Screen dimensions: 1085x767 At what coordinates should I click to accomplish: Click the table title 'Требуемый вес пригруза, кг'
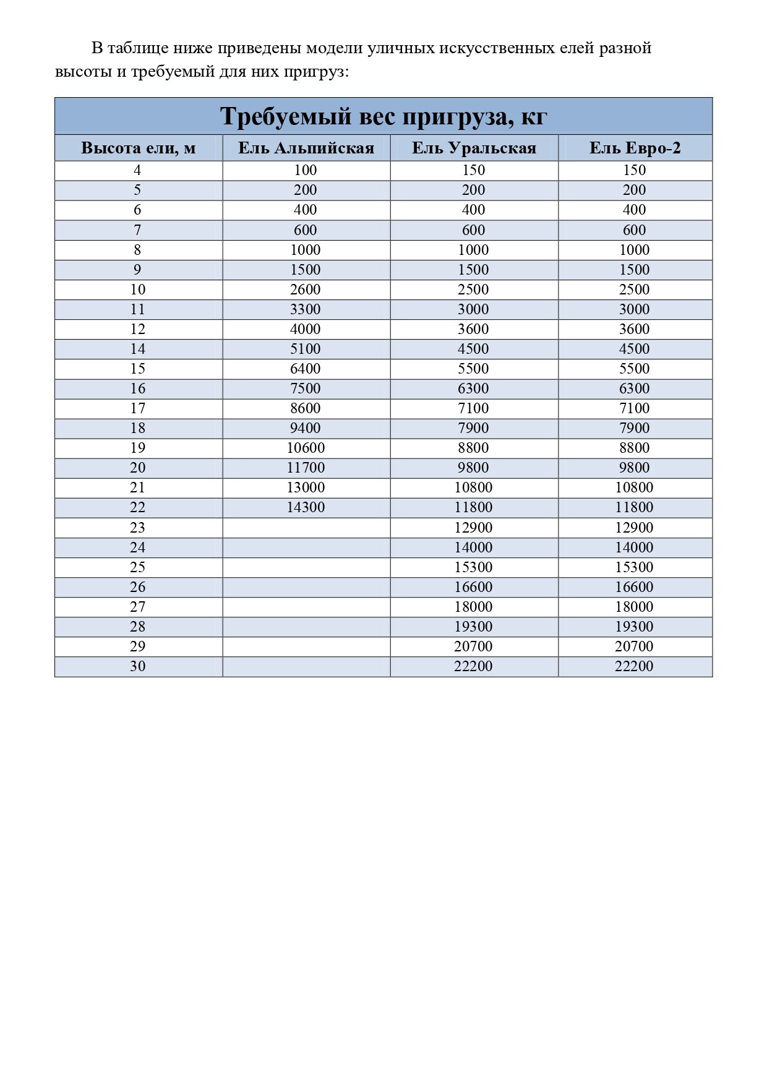point(383,116)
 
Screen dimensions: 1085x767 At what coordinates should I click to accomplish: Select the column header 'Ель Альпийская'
point(306,148)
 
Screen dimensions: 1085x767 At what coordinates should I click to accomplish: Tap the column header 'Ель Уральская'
point(474,148)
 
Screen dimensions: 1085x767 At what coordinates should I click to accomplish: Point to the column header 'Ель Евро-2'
point(635,148)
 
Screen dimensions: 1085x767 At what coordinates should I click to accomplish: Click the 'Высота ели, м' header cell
point(138,148)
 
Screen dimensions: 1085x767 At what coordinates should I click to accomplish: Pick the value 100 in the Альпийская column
point(306,170)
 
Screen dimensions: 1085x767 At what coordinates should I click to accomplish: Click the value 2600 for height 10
point(306,289)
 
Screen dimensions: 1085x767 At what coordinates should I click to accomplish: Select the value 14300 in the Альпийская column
point(306,508)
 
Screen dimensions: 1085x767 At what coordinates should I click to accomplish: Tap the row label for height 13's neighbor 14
point(137,349)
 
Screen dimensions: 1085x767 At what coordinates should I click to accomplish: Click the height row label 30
point(137,666)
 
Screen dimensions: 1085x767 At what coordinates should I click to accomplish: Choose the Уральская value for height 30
point(473,666)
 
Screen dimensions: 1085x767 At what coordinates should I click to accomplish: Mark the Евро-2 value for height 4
point(635,170)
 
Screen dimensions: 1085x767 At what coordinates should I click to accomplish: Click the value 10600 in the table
point(306,448)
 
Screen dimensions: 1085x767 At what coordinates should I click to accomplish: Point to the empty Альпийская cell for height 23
point(306,528)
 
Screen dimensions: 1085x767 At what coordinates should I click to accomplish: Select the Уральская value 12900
point(473,528)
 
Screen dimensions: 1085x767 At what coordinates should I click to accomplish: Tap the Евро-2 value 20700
point(635,646)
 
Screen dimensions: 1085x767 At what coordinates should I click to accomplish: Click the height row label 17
point(137,408)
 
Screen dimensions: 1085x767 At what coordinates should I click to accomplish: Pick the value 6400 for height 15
point(306,369)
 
